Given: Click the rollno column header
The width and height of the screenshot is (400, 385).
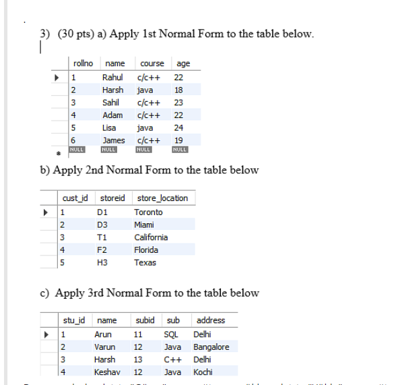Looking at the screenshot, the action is tap(83, 64).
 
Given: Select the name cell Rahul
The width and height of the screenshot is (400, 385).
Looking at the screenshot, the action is tap(112, 77).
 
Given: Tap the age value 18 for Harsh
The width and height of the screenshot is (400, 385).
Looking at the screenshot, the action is tap(178, 90).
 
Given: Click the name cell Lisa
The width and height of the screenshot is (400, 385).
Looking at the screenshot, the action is tap(109, 127).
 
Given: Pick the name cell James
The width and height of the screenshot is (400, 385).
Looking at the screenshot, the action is tap(114, 140).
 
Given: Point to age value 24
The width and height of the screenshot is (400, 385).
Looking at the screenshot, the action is tap(178, 127).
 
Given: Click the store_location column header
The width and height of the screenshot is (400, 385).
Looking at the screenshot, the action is tap(162, 198).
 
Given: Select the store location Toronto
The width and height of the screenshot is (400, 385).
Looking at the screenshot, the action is tap(148, 212).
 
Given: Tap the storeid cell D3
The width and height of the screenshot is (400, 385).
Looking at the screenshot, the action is tap(102, 225).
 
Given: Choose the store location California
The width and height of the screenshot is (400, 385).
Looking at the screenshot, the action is tap(151, 237).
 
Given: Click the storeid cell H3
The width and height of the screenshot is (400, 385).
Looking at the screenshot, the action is tap(102, 262).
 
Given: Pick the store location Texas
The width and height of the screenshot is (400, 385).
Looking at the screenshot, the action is tap(145, 262).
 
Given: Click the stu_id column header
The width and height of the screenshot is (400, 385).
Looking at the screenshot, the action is tap(74, 320).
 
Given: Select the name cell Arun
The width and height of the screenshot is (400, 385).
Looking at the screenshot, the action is tap(103, 334).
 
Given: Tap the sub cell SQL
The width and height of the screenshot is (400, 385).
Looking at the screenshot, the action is tap(171, 334).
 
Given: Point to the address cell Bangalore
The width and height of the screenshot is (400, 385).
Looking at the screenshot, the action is tap(211, 347).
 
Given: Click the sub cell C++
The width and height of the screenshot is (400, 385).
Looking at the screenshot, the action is tap(172, 359).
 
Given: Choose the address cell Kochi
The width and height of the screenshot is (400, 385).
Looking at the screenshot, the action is tap(203, 372).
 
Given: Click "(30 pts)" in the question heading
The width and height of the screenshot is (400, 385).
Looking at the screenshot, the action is tap(70, 34).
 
